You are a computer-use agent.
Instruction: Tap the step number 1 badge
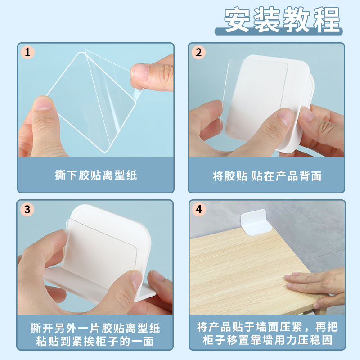click(x=27, y=53)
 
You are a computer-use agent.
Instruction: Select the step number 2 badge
click(x=198, y=53)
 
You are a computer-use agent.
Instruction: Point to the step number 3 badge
click(x=27, y=209)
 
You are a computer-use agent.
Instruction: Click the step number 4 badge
click(x=198, y=209)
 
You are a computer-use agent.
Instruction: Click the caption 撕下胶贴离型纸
click(x=96, y=175)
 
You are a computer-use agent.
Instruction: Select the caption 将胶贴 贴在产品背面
click(x=267, y=176)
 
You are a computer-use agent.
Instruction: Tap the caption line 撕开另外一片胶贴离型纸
click(x=95, y=328)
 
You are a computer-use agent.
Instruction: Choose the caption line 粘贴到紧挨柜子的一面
click(x=95, y=341)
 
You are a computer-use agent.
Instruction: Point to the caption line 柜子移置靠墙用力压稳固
click(x=267, y=340)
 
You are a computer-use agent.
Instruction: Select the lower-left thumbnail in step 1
click(x=43, y=103)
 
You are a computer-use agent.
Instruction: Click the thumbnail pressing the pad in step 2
click(x=286, y=116)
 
